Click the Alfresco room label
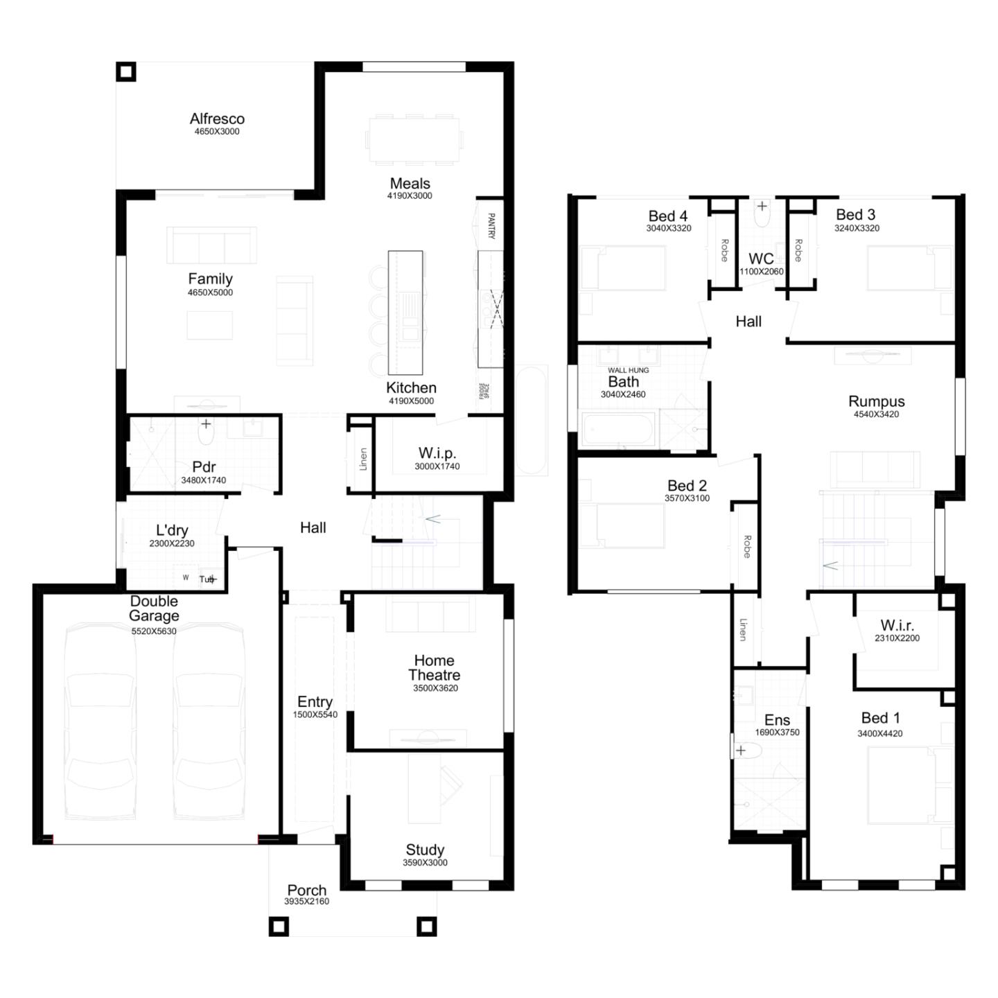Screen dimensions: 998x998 pyautogui.click(x=217, y=119)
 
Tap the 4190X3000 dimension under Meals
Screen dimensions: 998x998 pyautogui.click(x=410, y=195)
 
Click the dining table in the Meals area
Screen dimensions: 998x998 pyautogui.click(x=414, y=140)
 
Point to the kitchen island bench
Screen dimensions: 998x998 pyautogui.click(x=405, y=313)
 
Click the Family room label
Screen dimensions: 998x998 pyautogui.click(x=210, y=279)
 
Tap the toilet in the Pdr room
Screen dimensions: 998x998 pyautogui.click(x=206, y=432)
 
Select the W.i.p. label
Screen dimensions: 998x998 pyautogui.click(x=437, y=453)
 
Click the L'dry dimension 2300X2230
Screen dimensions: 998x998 pyautogui.click(x=172, y=543)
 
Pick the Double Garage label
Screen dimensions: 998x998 pyautogui.click(x=155, y=608)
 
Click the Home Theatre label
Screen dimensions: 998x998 pyautogui.click(x=434, y=667)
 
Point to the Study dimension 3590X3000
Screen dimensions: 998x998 pyautogui.click(x=426, y=862)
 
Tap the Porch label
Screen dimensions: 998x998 pyautogui.click(x=306, y=891)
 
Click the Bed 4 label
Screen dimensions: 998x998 pyautogui.click(x=668, y=216)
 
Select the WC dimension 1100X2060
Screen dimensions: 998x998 pyautogui.click(x=761, y=272)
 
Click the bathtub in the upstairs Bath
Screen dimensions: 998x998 pyautogui.click(x=618, y=429)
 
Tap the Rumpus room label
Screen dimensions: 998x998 pyautogui.click(x=876, y=401)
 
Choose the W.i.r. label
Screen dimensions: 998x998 pyautogui.click(x=897, y=625)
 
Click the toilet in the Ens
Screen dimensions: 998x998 pyautogui.click(x=747, y=751)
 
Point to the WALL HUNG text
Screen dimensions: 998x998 pyautogui.click(x=628, y=370)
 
